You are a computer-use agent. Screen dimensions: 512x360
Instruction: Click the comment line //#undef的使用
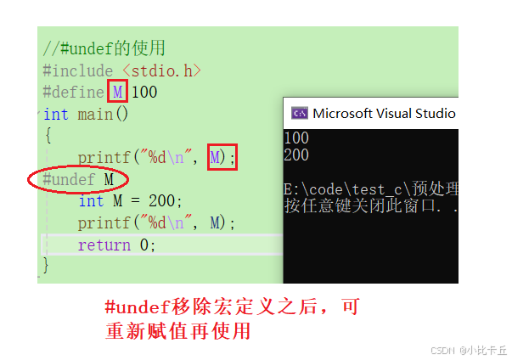(104, 48)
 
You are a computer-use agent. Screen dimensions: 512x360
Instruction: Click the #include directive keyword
(77, 70)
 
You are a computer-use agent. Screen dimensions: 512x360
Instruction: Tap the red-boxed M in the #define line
(118, 92)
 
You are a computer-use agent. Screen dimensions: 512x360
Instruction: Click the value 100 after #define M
(144, 92)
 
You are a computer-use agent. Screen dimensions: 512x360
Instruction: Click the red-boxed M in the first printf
(217, 157)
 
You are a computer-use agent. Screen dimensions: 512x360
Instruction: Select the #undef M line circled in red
(78, 179)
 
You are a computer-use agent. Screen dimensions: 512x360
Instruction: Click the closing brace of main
(47, 266)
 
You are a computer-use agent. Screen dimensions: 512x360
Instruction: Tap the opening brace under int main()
(48, 135)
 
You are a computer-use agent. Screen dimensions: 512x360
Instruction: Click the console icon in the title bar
(299, 114)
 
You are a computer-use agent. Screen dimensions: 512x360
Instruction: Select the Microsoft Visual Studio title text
(384, 114)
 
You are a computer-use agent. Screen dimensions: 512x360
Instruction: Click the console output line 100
(297, 138)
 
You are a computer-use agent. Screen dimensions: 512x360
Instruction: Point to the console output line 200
(297, 155)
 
